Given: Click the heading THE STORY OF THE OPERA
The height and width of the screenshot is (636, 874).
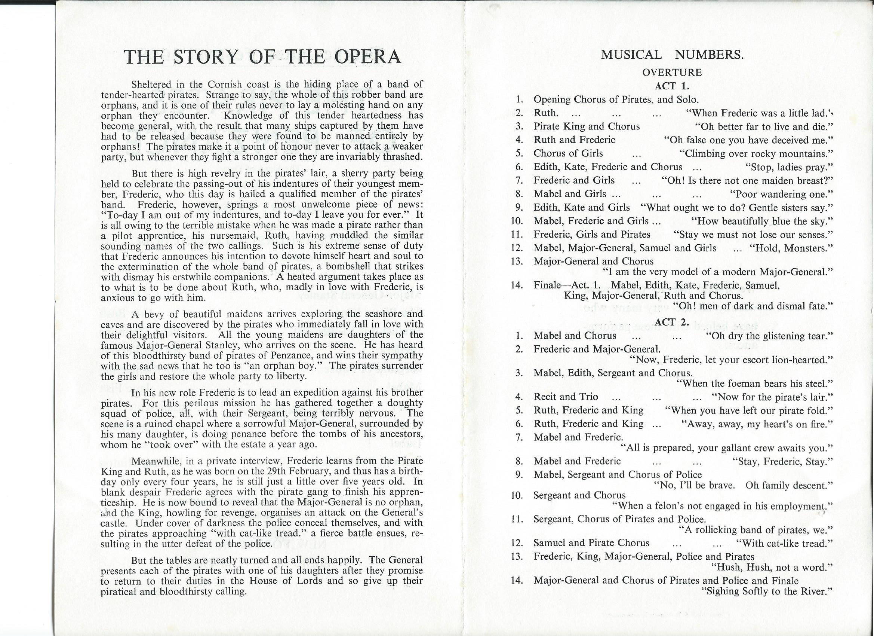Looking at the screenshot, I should (x=262, y=57).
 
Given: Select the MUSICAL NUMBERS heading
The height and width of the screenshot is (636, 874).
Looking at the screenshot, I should (x=672, y=55).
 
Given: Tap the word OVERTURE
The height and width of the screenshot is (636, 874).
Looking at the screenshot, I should (x=672, y=73).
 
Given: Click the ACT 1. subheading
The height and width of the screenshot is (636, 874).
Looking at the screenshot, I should (x=672, y=86).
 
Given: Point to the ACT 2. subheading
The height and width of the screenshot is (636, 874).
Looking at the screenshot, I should (x=672, y=322).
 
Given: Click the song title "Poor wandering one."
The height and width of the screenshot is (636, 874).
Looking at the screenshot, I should (x=781, y=194).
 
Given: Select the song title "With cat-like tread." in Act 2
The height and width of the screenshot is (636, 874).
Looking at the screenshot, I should (x=784, y=544).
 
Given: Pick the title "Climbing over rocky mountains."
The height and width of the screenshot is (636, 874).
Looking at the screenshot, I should (x=756, y=153).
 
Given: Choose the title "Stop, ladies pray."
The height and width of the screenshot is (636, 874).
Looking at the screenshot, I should (x=789, y=167).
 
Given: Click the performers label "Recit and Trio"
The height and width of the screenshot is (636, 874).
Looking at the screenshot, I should (x=566, y=397).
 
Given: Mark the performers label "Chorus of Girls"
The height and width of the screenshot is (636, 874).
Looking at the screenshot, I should (x=568, y=153).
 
